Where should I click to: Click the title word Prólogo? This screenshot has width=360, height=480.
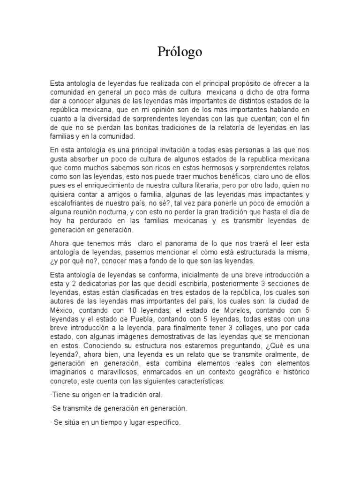click(x=180, y=52)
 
